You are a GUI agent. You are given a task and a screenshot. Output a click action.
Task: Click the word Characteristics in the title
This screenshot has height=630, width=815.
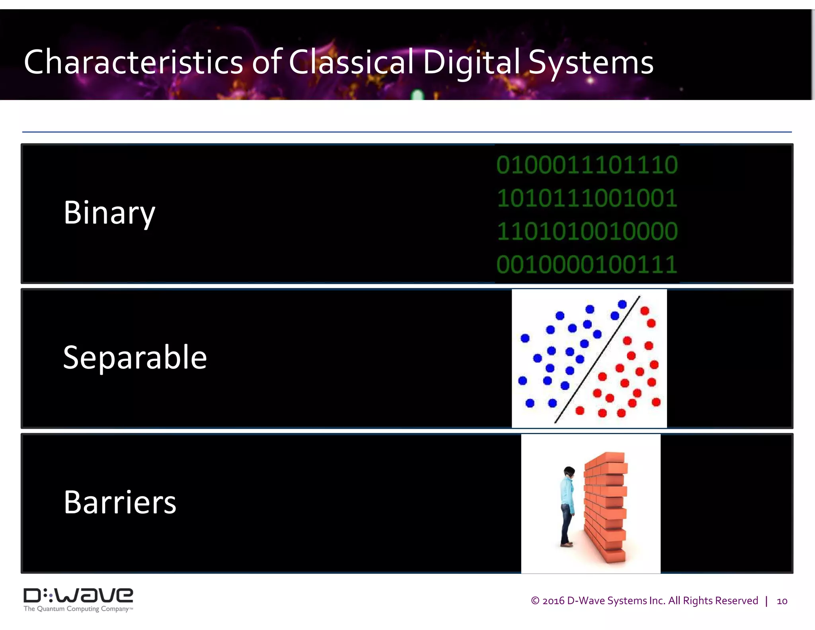[133, 63]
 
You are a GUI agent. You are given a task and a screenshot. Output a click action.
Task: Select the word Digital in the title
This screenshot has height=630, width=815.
[471, 63]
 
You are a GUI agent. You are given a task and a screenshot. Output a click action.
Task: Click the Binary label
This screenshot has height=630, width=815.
[109, 213]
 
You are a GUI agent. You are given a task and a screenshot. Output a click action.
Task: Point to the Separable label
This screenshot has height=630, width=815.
[135, 357]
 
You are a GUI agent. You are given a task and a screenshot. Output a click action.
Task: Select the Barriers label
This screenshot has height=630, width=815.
[120, 502]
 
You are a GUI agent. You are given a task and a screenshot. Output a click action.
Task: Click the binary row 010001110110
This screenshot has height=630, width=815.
[587, 165]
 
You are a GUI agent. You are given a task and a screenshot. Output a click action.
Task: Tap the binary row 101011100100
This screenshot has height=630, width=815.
[587, 198]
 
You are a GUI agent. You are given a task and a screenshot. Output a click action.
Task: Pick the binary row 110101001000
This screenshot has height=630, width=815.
[587, 231]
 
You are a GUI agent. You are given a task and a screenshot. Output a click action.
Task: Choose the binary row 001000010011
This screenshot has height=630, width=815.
[587, 264]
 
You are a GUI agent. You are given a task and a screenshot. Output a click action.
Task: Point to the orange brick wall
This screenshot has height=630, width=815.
[605, 506]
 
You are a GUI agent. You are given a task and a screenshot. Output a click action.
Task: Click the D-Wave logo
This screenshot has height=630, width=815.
[78, 596]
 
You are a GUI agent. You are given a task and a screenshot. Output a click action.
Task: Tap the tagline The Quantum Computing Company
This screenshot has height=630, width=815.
[78, 609]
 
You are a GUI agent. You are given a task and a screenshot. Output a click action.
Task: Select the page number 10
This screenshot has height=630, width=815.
[782, 601]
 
